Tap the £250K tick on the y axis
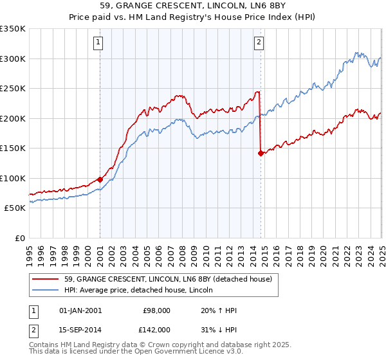point(13,88)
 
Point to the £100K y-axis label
point(13,178)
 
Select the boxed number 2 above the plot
point(259,43)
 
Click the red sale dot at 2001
point(100,179)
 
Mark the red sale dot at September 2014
point(261,153)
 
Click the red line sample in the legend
point(45,280)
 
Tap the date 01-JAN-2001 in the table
point(80,310)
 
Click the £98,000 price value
point(156,310)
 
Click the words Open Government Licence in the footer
point(168,352)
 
